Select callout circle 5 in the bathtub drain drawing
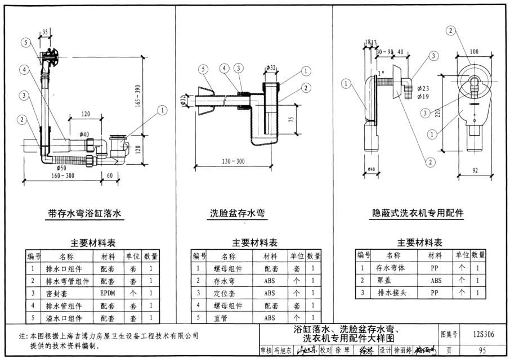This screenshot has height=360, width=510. [26, 42]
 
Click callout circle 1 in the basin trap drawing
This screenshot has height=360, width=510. [305, 71]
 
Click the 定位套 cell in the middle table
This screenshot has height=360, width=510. [229, 293]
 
